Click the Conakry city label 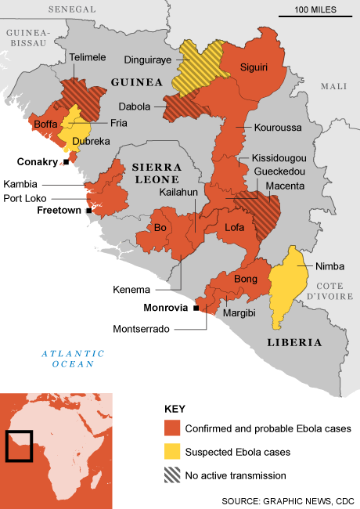38,162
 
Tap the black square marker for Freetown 90,211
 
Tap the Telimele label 88,57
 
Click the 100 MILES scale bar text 315,9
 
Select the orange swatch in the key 171,428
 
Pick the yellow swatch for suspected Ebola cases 171,452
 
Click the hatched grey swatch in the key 171,475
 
